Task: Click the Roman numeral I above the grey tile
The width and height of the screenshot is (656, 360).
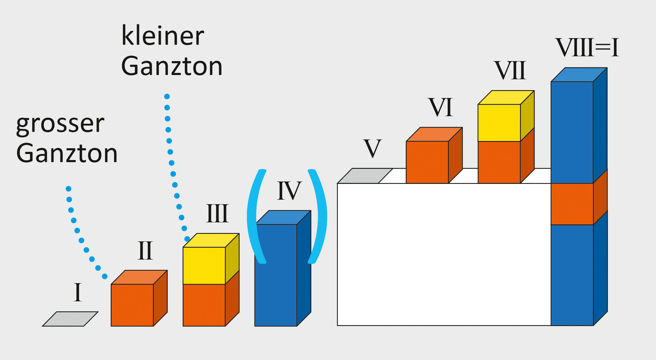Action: (x=78, y=292)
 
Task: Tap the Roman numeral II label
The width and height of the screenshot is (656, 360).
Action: (x=145, y=251)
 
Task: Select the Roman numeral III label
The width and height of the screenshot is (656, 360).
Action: (x=217, y=214)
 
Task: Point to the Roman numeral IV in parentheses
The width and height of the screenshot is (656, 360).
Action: (x=289, y=191)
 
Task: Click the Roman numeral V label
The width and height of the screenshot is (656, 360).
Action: (x=372, y=149)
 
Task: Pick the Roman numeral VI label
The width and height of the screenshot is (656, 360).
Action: (x=441, y=107)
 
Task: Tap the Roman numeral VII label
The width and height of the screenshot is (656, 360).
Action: (x=510, y=70)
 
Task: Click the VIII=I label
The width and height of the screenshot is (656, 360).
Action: (x=587, y=47)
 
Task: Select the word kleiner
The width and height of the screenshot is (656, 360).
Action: (x=163, y=36)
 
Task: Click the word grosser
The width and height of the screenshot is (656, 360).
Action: (x=60, y=124)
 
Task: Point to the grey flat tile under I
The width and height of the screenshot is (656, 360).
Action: (x=70, y=319)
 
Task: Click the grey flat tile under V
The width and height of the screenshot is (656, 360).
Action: (x=365, y=176)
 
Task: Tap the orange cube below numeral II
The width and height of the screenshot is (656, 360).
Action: (x=132, y=305)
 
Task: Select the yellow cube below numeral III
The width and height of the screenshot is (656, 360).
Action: (x=204, y=265)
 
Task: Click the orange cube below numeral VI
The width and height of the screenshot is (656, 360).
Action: (x=427, y=162)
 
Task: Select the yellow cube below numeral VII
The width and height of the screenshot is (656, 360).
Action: (x=499, y=123)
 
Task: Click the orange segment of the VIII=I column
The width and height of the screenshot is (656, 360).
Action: (x=572, y=204)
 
